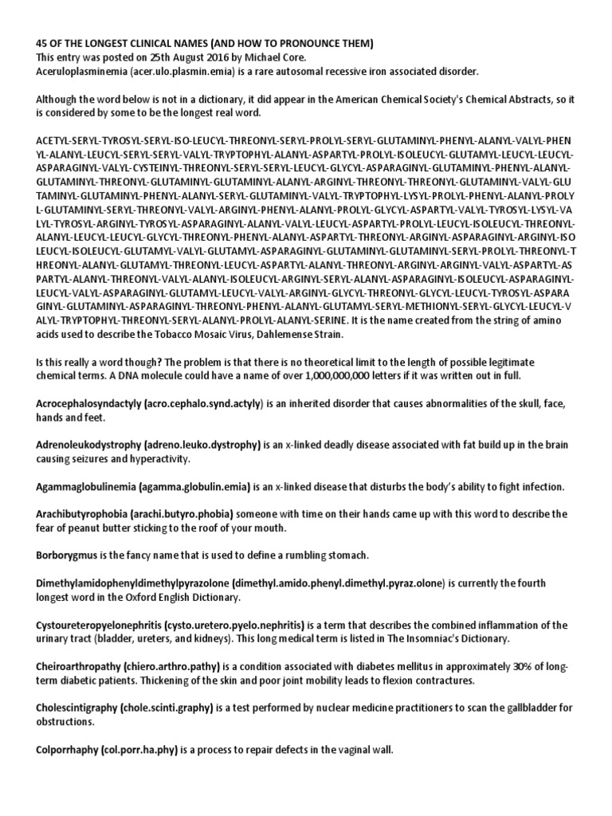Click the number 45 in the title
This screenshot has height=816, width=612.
(43, 42)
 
